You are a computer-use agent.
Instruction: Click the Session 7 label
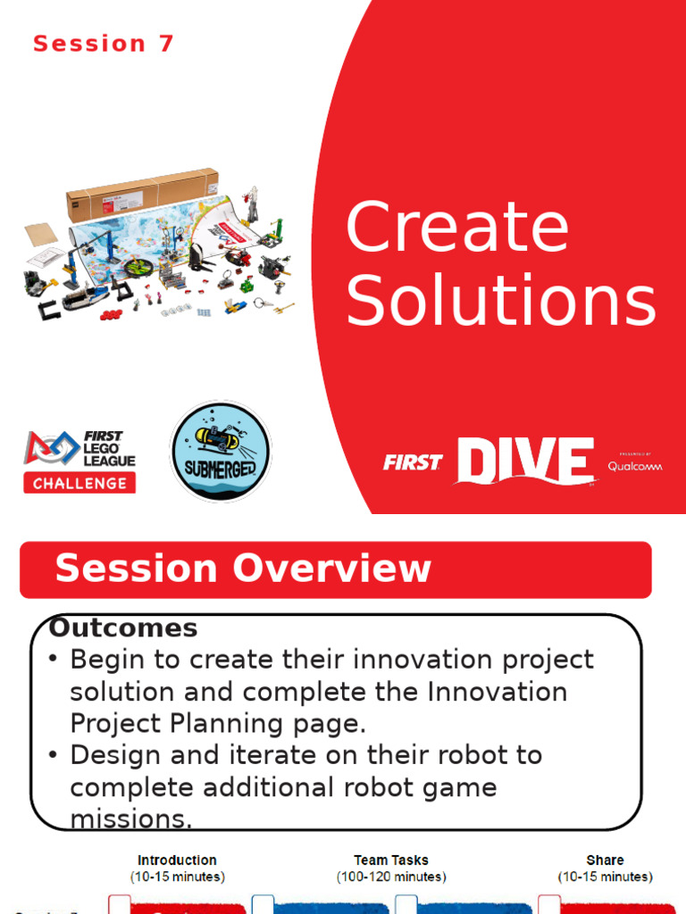pos(104,44)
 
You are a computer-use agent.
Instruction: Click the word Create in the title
pos(456,228)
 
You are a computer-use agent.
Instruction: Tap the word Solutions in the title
pos(501,301)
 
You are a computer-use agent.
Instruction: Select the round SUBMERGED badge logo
pos(220,450)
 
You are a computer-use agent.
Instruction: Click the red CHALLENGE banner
pos(80,483)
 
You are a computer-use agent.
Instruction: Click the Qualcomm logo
pos(635,465)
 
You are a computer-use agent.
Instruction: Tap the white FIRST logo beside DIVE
pos(413,462)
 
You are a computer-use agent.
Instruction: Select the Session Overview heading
pos(243,569)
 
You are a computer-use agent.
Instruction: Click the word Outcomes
pos(123,627)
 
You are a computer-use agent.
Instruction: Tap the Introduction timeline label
pos(177,860)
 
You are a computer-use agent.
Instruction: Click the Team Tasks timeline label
pos(390,860)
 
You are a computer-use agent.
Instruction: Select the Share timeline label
pos(605,860)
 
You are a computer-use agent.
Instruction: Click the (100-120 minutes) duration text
pos(390,877)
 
